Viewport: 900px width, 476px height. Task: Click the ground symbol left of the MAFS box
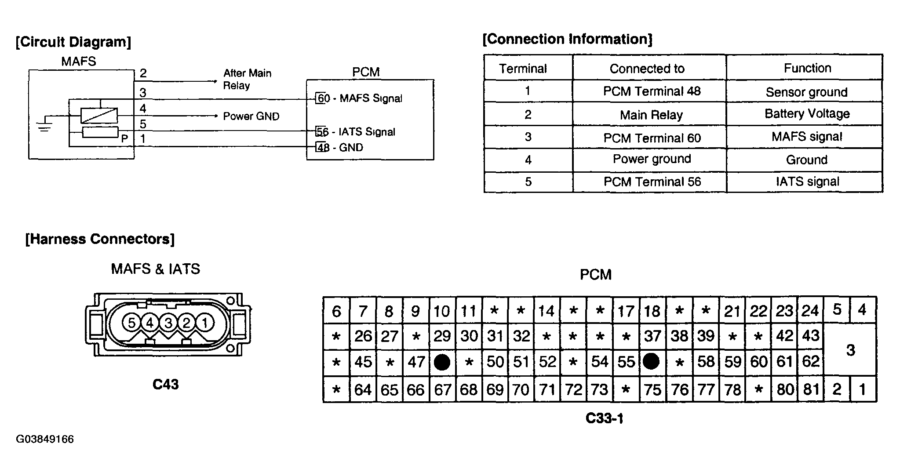tap(44, 126)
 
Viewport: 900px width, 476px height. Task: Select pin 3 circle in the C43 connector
tap(168, 323)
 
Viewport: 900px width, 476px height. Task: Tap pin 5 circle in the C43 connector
tap(131, 323)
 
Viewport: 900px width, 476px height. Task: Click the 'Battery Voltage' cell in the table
tap(807, 114)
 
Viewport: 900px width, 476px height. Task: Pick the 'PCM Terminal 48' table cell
tap(652, 91)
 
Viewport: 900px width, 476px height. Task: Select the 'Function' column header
tap(807, 68)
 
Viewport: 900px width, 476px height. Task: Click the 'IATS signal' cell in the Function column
tap(807, 182)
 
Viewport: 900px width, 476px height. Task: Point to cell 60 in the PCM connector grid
tap(759, 362)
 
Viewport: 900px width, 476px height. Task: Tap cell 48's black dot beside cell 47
tap(442, 362)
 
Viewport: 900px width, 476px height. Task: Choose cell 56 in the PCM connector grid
tap(651, 362)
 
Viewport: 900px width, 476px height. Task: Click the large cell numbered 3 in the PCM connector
tap(850, 350)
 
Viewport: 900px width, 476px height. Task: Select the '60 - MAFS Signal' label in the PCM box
tap(359, 98)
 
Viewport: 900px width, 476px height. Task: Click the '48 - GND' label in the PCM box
tap(339, 147)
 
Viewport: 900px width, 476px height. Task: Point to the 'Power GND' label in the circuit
tap(251, 116)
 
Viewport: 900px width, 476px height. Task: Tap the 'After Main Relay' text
tap(247, 79)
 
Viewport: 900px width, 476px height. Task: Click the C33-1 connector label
tap(604, 418)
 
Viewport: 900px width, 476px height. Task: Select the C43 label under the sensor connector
tap(165, 384)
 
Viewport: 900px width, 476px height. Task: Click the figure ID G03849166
tap(45, 439)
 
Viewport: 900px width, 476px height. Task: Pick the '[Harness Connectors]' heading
tap(100, 239)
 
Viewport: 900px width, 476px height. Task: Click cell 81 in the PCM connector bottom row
tap(811, 389)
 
